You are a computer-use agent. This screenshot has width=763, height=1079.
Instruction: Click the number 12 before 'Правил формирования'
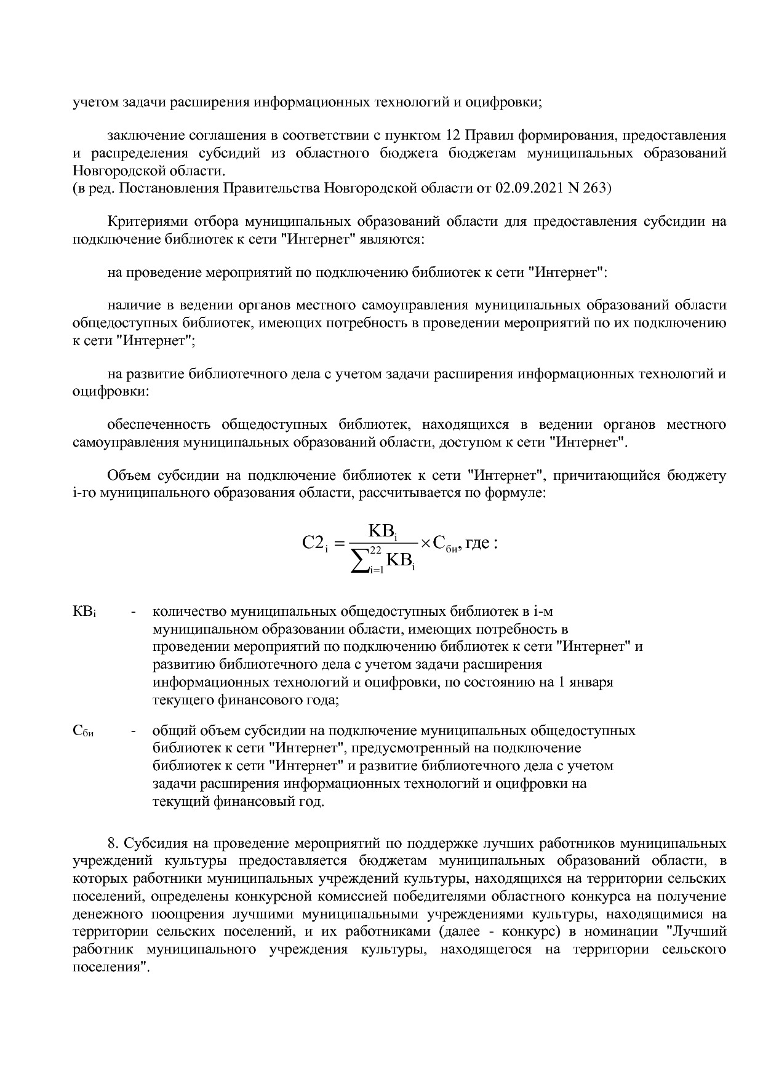[451, 135]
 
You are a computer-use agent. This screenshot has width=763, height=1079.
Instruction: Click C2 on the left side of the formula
[314, 543]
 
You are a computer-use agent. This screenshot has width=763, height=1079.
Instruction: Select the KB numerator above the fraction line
[381, 530]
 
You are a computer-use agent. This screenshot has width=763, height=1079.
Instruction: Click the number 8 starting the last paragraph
[111, 843]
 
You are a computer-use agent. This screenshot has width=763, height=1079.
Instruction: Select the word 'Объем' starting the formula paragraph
[129, 476]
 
